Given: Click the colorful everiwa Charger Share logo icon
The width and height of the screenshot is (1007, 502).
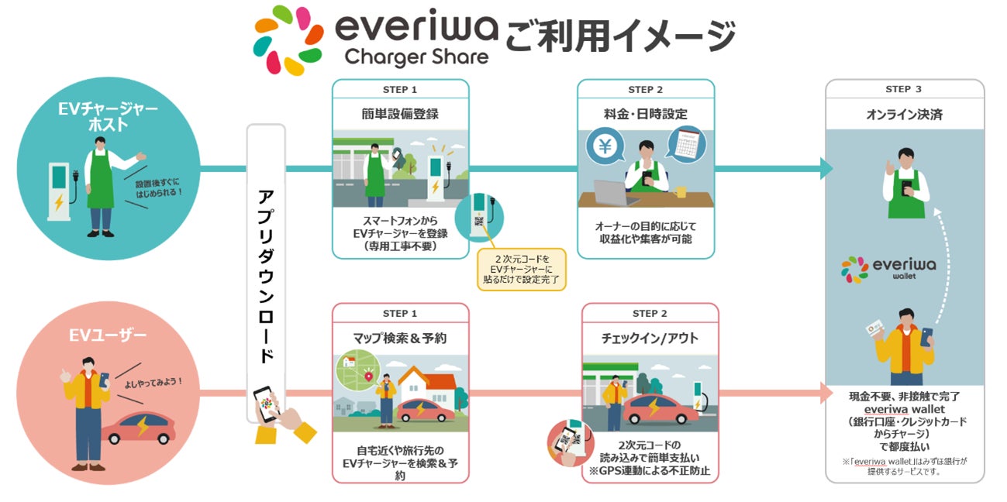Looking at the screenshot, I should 289,40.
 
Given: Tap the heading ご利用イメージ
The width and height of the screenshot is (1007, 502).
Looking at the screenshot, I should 619,36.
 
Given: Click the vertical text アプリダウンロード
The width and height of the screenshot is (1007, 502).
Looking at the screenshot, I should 266,274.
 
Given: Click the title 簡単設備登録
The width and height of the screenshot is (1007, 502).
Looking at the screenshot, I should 400,114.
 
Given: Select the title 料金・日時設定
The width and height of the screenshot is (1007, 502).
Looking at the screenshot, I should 645,114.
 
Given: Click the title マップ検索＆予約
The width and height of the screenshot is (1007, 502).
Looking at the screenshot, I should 400,338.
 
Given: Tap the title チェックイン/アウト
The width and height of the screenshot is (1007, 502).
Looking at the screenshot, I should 650,338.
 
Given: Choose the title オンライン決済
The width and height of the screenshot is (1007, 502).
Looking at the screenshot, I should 904,115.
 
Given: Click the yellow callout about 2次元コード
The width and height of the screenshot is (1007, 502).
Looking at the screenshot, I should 522,269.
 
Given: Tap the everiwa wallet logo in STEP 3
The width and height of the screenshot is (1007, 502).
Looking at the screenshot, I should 888,268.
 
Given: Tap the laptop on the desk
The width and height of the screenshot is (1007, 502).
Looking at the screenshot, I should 616,191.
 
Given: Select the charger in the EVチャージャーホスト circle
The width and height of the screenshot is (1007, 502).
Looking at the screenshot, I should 59,194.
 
